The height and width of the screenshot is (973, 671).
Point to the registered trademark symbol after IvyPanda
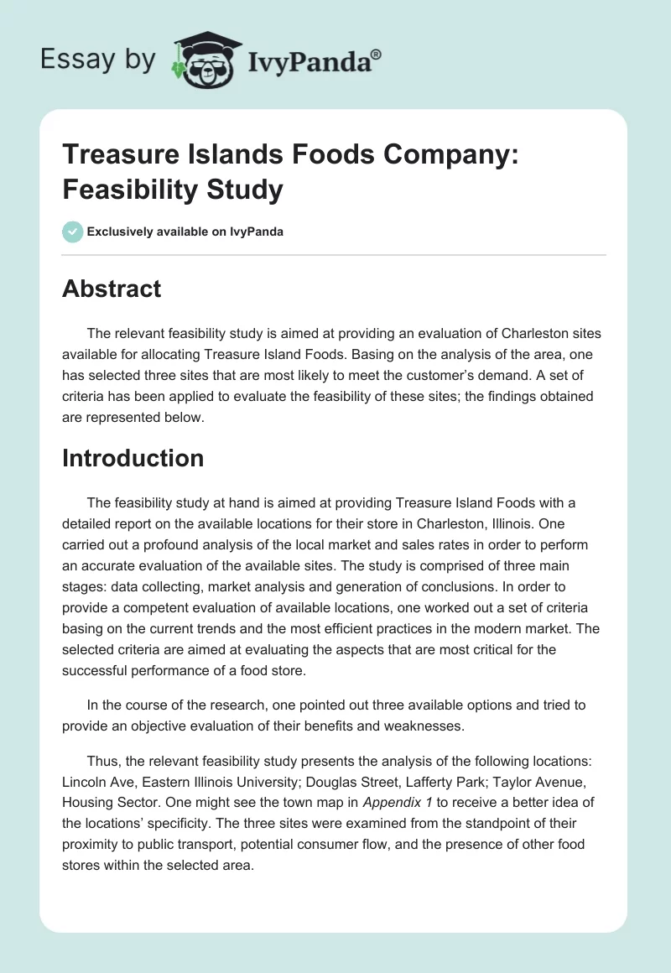coord(377,53)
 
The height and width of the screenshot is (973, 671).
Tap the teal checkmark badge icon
coord(73,232)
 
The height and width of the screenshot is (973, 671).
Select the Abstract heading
coord(112,289)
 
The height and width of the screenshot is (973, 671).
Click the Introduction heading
coord(133,458)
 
